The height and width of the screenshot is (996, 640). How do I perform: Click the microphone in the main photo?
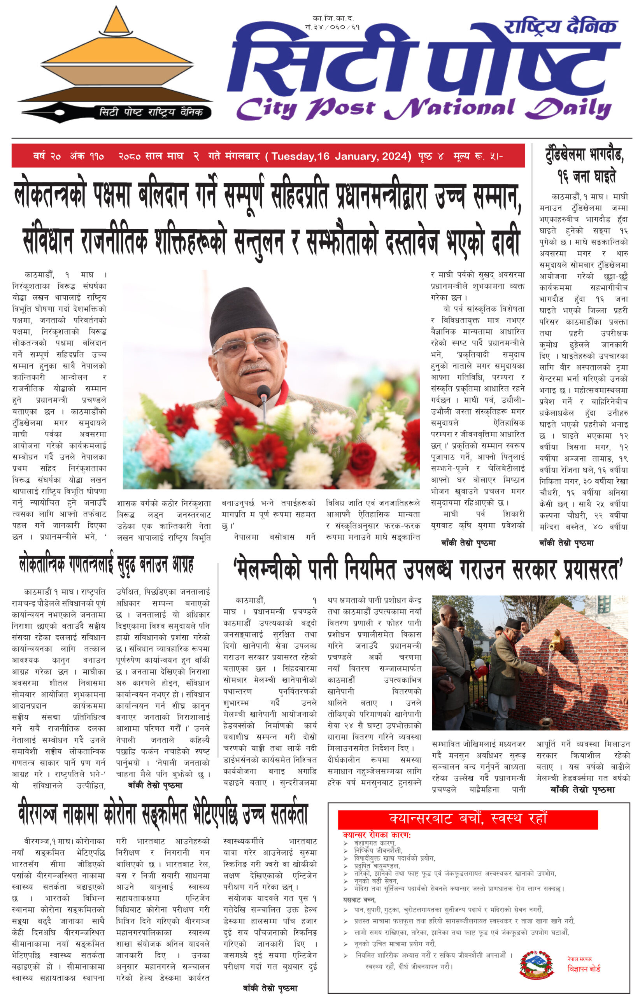tap(263, 392)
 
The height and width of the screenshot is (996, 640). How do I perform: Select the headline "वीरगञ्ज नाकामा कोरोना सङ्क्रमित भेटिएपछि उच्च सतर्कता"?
tap(163, 814)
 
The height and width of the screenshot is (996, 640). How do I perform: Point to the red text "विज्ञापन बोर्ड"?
tap(584, 969)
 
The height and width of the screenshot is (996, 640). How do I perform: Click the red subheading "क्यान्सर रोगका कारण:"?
tap(377, 835)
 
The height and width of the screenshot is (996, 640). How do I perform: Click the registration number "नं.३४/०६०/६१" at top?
tap(333, 27)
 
